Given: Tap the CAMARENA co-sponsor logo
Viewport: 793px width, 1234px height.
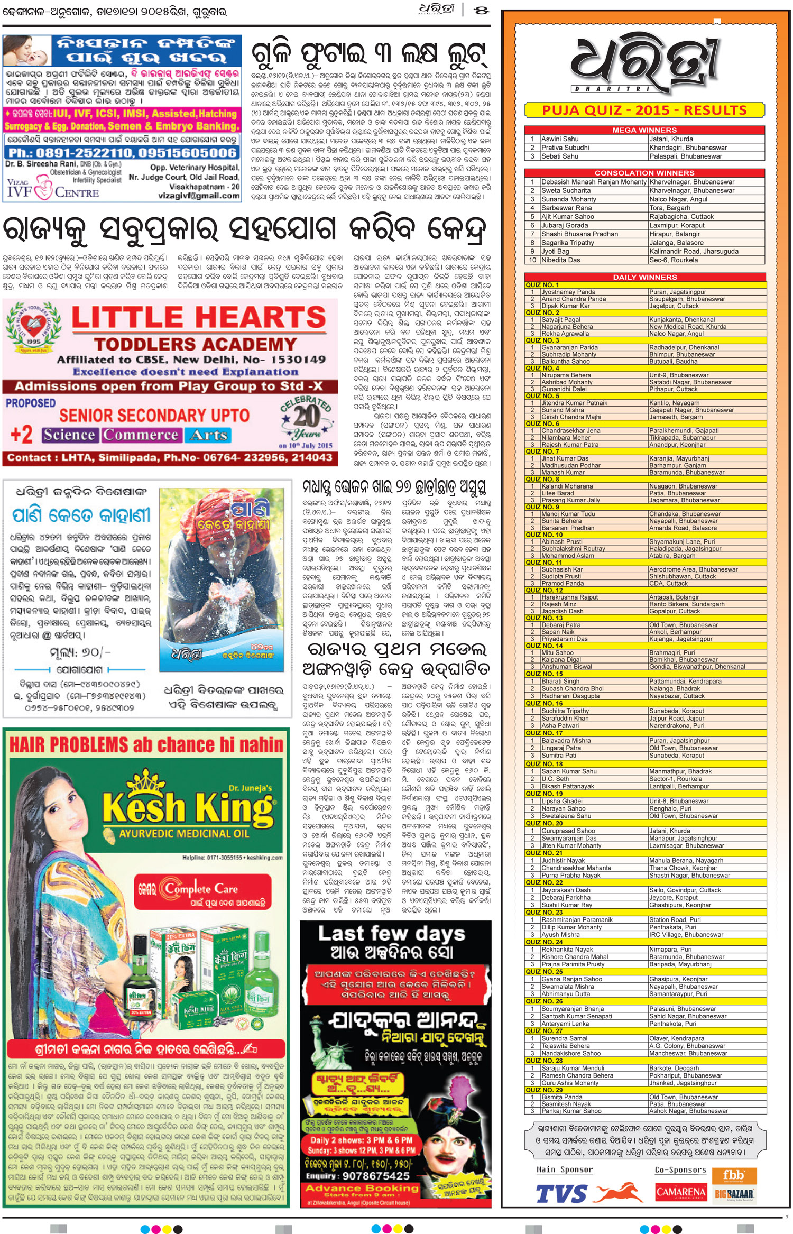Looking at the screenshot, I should coord(681,1192).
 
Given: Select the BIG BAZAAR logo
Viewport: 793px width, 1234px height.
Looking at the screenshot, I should coord(734,1193).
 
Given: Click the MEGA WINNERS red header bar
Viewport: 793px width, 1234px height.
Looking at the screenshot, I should coord(644,130).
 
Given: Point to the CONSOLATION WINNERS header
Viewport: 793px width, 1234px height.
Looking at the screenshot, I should coord(644,173).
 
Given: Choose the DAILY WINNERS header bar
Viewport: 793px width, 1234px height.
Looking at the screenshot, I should coord(644,277).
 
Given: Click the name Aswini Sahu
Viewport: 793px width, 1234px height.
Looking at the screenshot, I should coord(560,139).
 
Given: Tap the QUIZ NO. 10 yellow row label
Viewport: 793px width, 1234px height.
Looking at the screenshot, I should coord(544,535).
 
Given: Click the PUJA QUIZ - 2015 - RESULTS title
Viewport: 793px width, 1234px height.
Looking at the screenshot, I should coord(644,110).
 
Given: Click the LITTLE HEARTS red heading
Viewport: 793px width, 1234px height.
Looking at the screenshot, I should coord(198,318).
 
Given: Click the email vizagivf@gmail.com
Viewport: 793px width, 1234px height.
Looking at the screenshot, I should coord(199,196).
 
